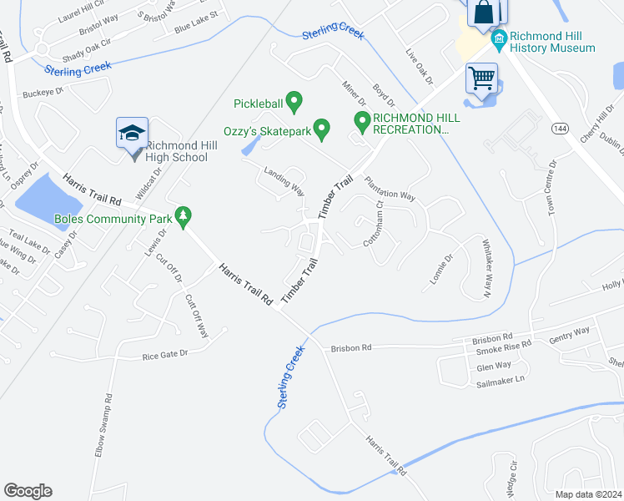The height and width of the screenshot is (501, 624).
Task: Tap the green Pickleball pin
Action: coord(294,102)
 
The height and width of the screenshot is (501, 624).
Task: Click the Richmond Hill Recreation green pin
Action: coord(362,122)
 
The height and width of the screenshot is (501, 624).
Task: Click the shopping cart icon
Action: coord(481,78)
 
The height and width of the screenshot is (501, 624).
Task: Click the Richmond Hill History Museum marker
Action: coord(500,38)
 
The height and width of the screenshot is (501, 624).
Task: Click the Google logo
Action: coord(28,491)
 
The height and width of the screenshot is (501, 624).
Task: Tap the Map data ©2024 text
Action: coord(589,494)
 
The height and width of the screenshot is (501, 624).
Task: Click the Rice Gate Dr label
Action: coord(166,354)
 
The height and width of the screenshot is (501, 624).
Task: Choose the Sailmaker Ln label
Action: coord(501,381)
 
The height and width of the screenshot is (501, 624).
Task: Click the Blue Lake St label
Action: coord(196,23)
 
